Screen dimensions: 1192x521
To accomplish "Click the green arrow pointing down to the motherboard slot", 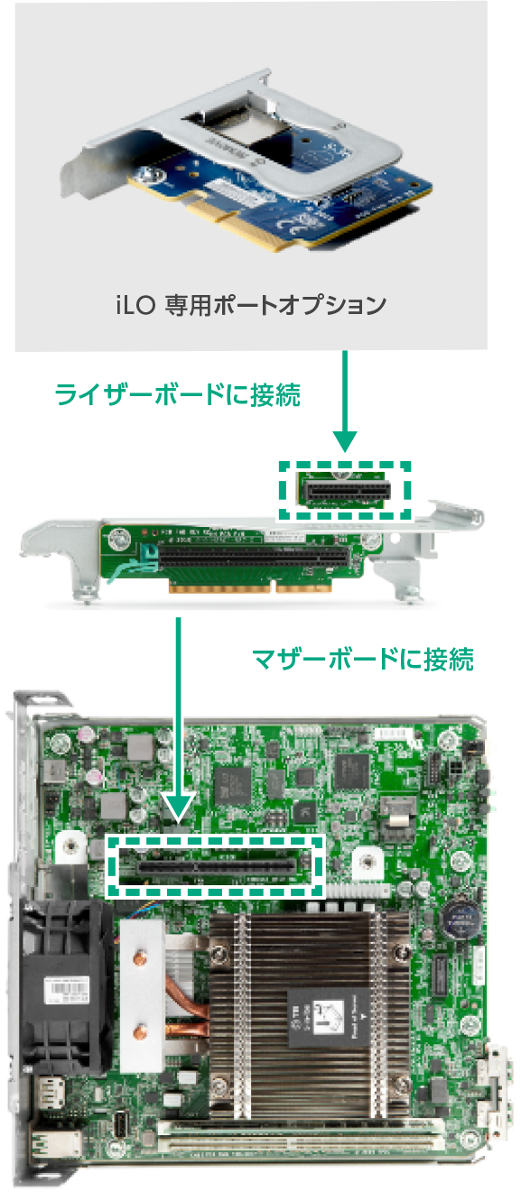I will (x=180, y=722).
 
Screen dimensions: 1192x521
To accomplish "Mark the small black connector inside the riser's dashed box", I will (x=347, y=491).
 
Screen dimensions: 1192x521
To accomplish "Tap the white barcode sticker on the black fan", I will (x=63, y=993).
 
